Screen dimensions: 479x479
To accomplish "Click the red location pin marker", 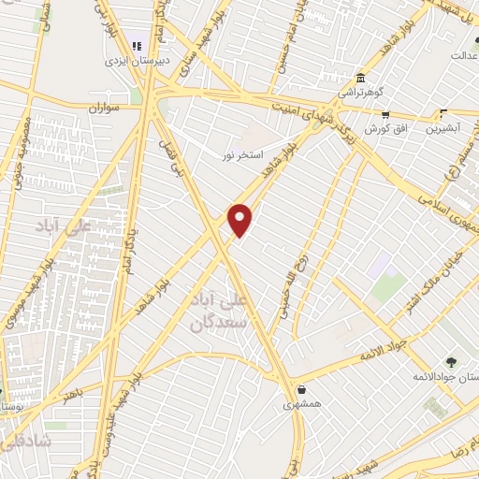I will pos(240,219).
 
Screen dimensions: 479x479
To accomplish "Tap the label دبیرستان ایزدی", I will pos(137,61).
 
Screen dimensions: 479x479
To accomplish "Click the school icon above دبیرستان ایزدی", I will pos(137,46).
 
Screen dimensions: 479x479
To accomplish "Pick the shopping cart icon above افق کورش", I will pos(385,114).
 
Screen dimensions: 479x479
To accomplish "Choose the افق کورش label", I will pos(385,129).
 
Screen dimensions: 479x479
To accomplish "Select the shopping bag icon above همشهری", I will pos(300,390).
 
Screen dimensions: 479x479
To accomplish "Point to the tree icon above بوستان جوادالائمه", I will pos(452,362).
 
